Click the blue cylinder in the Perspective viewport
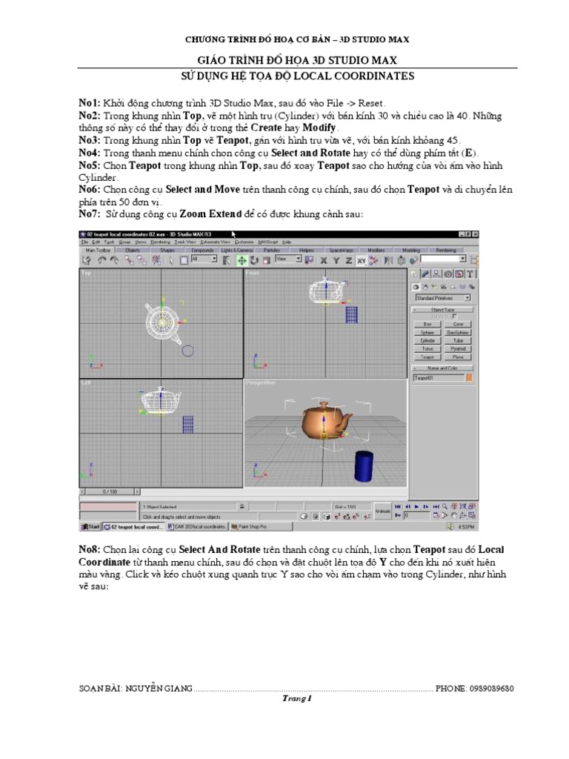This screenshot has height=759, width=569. coord(363,466)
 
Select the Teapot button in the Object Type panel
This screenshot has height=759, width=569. coord(427,357)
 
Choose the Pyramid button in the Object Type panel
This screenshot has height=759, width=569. coord(458,348)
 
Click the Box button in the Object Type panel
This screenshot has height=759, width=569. coord(427,324)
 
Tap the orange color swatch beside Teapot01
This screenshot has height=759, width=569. coord(468,377)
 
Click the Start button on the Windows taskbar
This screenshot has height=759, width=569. coord(90,527)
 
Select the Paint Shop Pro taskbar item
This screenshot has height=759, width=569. coord(248,527)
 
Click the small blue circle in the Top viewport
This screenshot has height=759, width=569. coord(188,351)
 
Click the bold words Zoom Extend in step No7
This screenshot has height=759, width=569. coord(211,214)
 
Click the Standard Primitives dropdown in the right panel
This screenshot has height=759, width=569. coord(443,297)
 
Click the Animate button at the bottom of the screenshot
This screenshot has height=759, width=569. coord(382,511)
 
